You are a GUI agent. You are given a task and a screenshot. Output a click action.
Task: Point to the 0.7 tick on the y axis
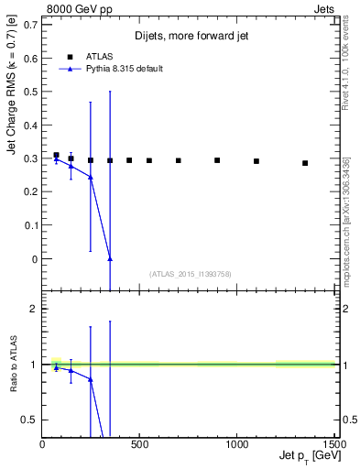(x=34, y=23)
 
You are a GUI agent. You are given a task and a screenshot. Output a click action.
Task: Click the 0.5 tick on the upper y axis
(x=34, y=91)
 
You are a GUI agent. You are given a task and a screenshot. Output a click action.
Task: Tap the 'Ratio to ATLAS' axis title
(x=12, y=364)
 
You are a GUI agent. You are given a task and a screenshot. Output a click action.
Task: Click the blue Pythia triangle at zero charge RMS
(x=110, y=259)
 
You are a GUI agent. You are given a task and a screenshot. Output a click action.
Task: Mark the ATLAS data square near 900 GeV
(x=217, y=160)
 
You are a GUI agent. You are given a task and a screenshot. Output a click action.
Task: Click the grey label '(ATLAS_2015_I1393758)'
(x=189, y=273)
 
